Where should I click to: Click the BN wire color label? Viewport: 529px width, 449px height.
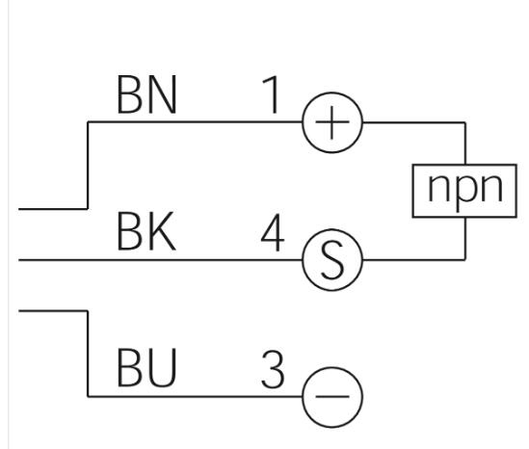coord(146,94)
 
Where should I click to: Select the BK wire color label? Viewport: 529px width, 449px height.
coord(146,231)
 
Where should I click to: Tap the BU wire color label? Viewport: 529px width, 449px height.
coord(146,367)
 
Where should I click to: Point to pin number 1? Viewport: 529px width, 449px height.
coord(272,94)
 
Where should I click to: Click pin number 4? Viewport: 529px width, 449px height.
coord(273,232)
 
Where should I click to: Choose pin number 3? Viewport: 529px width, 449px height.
coord(273,369)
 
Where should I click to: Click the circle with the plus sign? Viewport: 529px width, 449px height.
coord(332,92)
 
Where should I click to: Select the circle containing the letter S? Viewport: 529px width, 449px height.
coord(332,229)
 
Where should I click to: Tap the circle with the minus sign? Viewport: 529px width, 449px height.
coord(332,367)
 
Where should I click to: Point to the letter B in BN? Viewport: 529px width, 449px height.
coord(129,94)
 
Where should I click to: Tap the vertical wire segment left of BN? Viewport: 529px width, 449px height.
coord(88,166)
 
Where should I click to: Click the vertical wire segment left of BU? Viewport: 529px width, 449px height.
coord(88,354)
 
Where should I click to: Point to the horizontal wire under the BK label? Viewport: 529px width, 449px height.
coord(161,260)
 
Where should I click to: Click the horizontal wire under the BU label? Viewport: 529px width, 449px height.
coord(195,396)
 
